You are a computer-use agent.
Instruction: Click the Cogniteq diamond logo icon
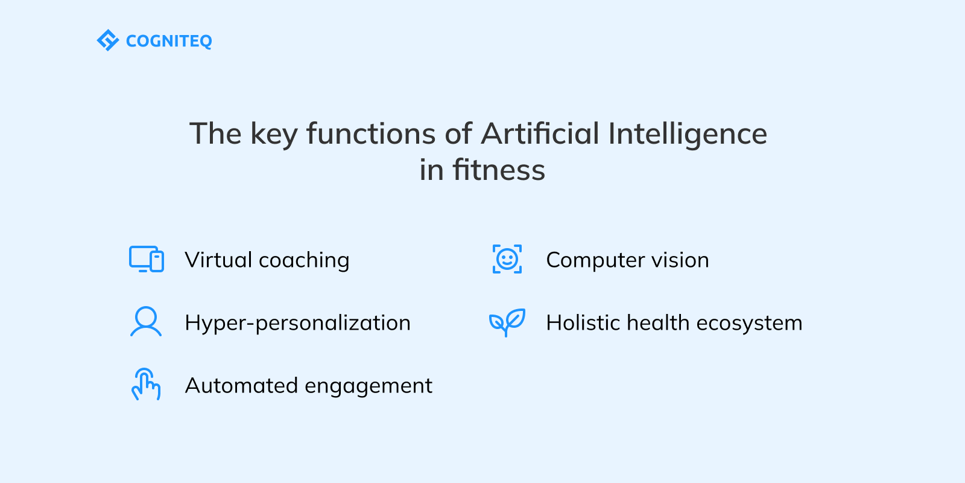[107, 40]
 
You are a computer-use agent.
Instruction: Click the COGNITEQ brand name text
[169, 41]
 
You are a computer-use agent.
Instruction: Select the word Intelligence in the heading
[688, 135]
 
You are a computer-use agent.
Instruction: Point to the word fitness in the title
[499, 170]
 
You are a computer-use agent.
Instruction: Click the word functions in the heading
[371, 133]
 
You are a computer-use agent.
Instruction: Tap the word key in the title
[274, 135]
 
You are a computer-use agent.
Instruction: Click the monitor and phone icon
[147, 260]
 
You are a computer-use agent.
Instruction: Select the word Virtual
[218, 260]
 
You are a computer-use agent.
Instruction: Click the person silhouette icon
[146, 322]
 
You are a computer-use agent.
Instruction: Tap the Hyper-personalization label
[297, 323]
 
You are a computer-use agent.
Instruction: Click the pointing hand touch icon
[146, 385]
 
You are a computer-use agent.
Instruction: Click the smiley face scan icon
[507, 260]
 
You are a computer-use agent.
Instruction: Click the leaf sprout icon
[507, 322]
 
